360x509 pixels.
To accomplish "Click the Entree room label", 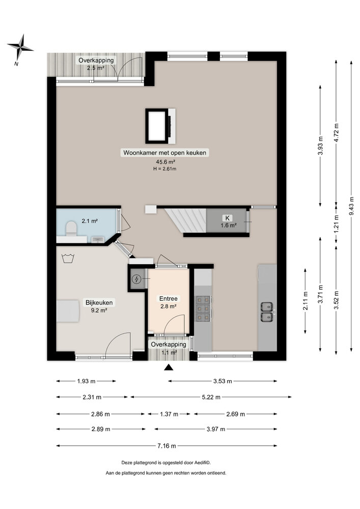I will click(168, 299).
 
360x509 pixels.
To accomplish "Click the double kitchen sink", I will click(267, 312).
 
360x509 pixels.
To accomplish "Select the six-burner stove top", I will click(202, 308).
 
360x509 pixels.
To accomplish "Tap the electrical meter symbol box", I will click(137, 279).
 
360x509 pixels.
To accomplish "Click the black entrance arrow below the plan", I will click(169, 369).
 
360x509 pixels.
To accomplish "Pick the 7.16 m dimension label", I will click(166, 446).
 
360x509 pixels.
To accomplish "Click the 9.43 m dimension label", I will click(351, 205).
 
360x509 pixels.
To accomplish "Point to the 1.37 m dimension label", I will click(169, 414).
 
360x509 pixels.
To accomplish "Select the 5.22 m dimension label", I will click(210, 397).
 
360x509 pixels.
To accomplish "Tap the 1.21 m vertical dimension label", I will click(336, 224).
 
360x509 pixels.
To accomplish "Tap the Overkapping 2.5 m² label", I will click(96, 64).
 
